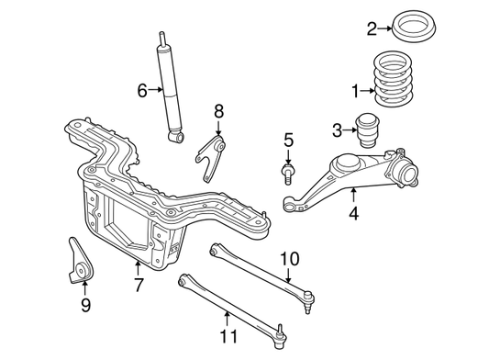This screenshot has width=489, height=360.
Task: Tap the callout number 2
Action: point(372,28)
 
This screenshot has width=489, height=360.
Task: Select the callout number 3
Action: point(338,129)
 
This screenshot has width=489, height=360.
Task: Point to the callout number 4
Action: point(353,217)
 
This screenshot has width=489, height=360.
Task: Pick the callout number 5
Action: point(288,140)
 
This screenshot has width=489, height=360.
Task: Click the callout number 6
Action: point(142,90)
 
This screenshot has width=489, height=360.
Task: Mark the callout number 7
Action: point(138,286)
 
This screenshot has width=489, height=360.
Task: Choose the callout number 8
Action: point(218,111)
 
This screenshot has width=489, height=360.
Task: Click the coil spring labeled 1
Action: point(400,79)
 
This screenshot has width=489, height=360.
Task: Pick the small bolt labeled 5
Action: point(288,171)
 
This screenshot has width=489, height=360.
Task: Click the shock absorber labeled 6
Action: point(171,92)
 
